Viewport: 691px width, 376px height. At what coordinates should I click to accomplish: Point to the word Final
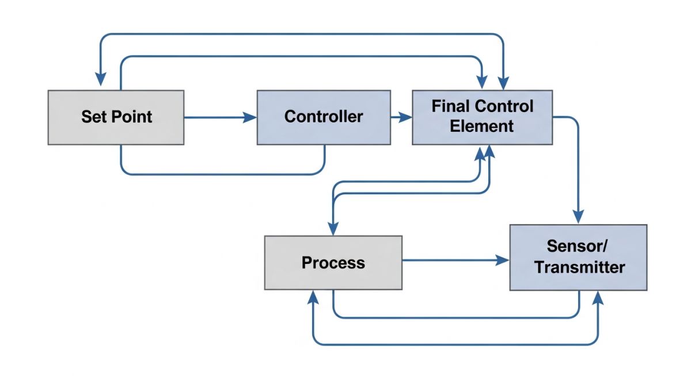point(451,107)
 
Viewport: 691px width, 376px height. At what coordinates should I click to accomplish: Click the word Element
point(482,126)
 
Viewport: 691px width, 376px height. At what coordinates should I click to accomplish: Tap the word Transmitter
point(578,267)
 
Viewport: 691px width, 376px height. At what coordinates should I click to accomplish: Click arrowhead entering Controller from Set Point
point(251,117)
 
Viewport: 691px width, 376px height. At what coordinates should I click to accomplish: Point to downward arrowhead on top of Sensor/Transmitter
point(578,218)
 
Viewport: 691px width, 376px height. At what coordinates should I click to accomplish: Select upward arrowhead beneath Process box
point(313,296)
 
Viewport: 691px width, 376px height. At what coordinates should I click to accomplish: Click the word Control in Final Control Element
point(505,107)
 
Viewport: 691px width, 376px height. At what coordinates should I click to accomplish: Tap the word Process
point(333,263)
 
